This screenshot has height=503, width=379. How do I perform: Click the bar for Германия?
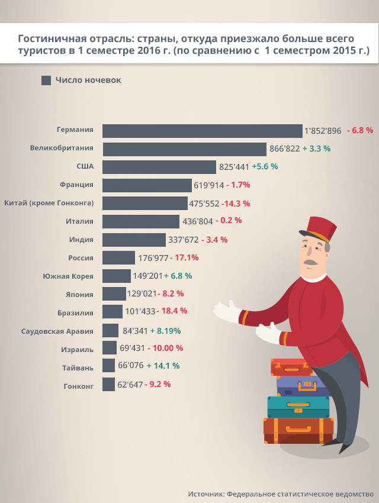pos(202,131)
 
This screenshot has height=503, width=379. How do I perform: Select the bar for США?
pos(159,167)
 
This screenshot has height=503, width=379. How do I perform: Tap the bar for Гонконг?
pos(108,385)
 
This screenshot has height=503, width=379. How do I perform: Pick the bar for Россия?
pos(118,257)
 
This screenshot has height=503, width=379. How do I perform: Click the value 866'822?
pos(284,149)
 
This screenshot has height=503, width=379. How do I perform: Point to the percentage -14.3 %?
pos(236,203)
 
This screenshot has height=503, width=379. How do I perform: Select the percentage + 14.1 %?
pos(163,366)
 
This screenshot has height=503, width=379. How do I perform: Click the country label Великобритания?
pos(62,148)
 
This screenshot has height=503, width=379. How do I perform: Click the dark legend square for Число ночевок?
pos(46,80)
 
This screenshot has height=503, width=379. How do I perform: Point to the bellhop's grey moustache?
pos(310,262)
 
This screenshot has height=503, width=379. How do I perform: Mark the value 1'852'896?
pos(323,131)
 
